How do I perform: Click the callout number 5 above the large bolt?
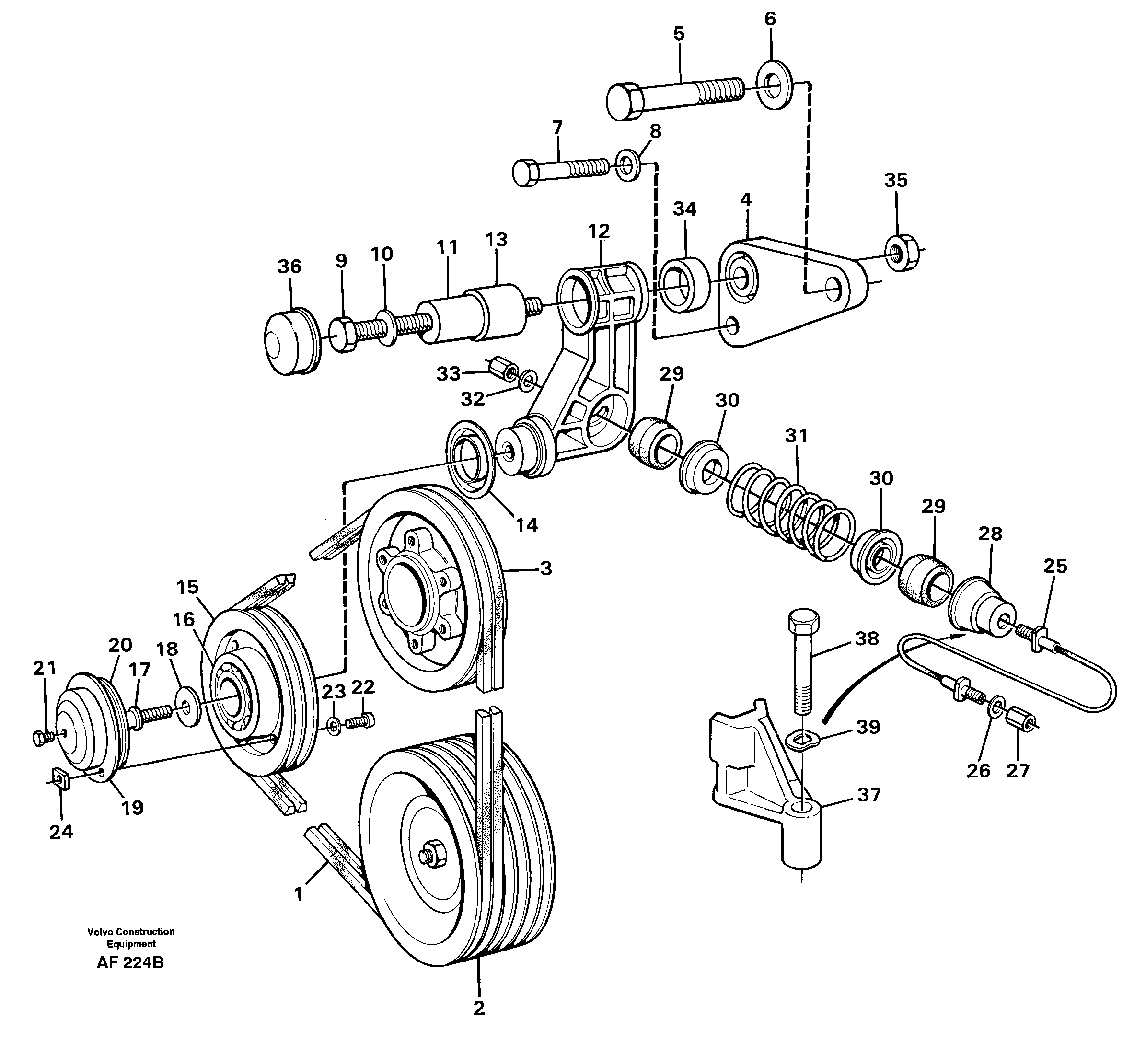(x=678, y=34)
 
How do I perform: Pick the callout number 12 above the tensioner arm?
(x=599, y=231)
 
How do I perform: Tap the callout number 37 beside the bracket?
(x=868, y=794)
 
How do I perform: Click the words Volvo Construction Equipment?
(x=131, y=938)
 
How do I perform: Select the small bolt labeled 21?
(x=42, y=739)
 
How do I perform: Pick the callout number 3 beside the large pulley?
(x=545, y=568)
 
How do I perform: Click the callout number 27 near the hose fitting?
(x=1017, y=771)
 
